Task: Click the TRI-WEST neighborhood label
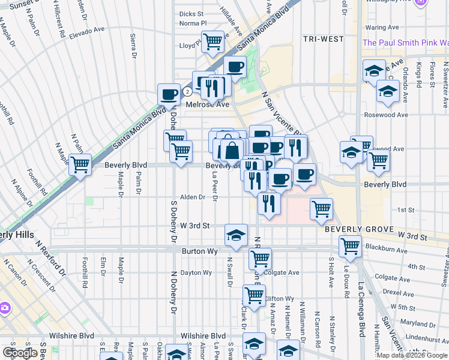coord(323,39)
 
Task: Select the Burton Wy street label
coord(197,251)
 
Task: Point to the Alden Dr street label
coord(193,197)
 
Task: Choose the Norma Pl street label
coord(193,23)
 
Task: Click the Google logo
coord(19,353)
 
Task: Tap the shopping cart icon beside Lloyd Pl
coord(212,42)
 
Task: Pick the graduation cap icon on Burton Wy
coord(237,235)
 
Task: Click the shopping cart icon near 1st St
coord(322,208)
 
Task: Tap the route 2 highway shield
coord(188,92)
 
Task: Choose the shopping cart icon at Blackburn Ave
coord(350,245)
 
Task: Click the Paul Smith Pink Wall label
coord(406,43)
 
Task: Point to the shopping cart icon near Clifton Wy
coord(254,295)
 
